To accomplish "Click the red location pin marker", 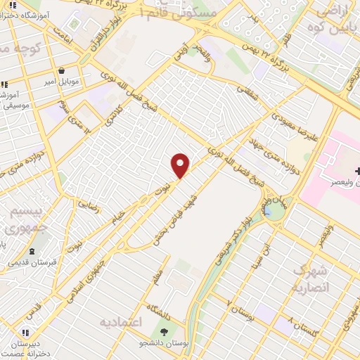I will click(x=181, y=165).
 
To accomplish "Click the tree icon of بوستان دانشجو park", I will click(x=165, y=332).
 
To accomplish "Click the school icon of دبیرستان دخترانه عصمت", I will click(x=26, y=333).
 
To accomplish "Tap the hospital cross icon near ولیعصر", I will click(x=358, y=171).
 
